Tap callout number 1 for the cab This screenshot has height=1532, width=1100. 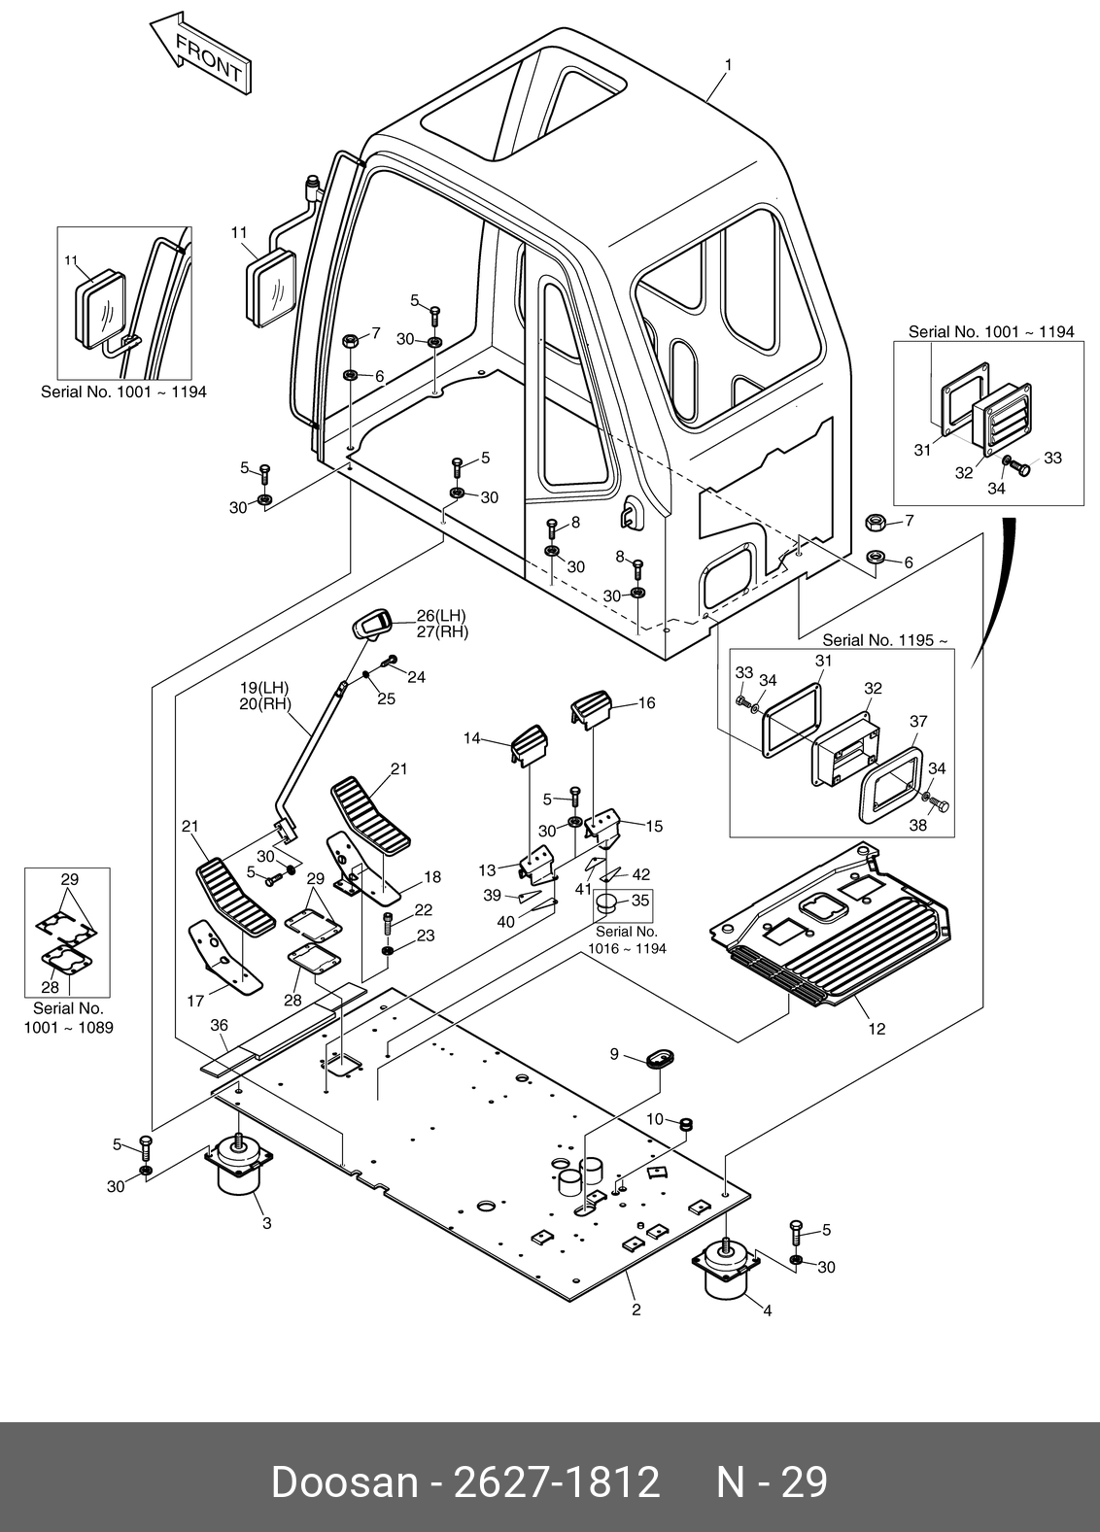click(728, 65)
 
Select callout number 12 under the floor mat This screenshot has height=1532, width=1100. click(877, 1030)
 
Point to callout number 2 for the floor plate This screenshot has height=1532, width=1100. click(636, 1310)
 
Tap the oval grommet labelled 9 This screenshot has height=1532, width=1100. click(659, 1058)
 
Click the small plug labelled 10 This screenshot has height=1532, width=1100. click(685, 1125)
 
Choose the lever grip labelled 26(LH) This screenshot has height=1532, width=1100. click(372, 625)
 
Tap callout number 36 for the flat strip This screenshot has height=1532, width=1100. click(220, 1026)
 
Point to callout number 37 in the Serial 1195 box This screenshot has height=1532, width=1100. click(918, 721)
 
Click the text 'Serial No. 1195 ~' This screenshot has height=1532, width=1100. click(884, 640)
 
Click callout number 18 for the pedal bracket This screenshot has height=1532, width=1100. click(432, 876)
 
